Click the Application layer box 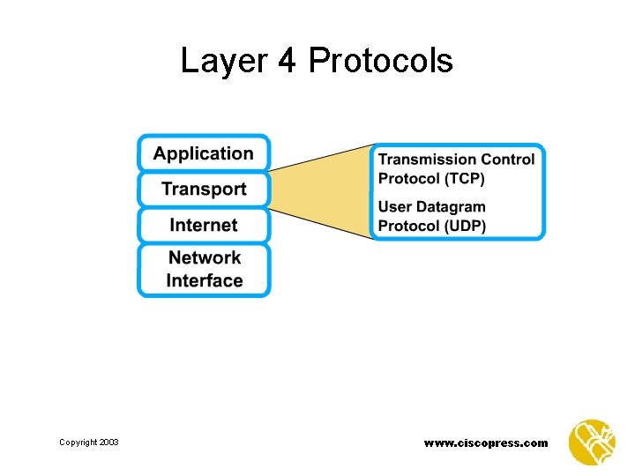point(204,153)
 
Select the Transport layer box point(204,190)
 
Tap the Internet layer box point(204,225)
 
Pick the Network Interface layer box point(204,270)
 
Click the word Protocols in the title point(381,61)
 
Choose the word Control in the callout point(510,160)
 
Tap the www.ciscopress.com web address point(486,443)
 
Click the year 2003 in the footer point(108,443)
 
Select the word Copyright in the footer point(78,443)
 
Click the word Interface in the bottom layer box point(204,281)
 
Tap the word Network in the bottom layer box point(204,258)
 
